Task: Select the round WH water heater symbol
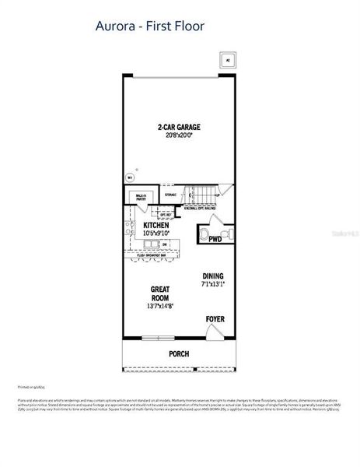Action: click(131, 177)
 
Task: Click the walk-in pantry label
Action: click(141, 198)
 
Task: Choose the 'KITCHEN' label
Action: click(156, 226)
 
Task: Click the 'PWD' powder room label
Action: click(215, 240)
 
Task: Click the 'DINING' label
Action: click(213, 276)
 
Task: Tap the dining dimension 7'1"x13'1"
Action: click(213, 284)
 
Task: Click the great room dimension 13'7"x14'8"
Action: click(160, 306)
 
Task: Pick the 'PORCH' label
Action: click(179, 353)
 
